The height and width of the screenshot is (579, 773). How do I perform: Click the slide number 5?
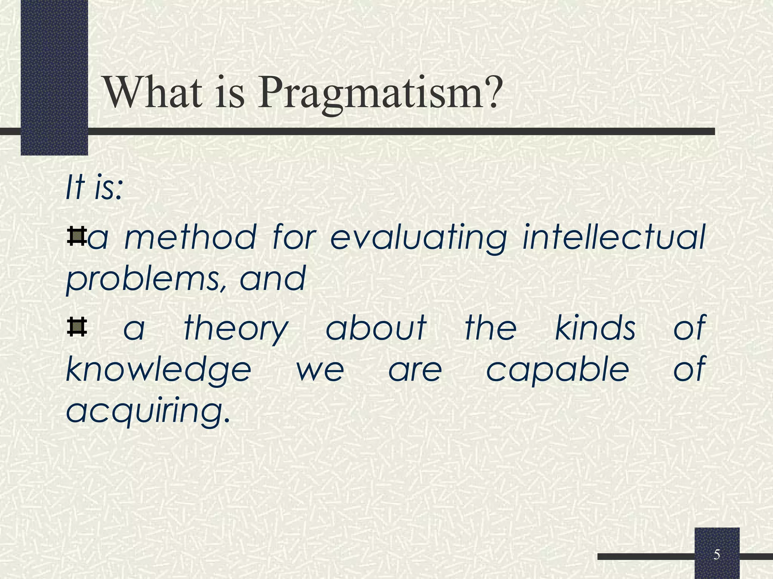tap(716, 555)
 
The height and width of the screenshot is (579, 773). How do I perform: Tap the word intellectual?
tap(613, 237)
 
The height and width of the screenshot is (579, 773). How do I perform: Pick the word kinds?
tap(595, 327)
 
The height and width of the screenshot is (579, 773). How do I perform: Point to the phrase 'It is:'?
tap(94, 188)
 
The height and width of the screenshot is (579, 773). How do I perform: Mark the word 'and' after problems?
tap(273, 279)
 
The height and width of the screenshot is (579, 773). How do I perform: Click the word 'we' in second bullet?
tap(320, 370)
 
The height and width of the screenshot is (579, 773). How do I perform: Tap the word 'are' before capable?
tap(415, 370)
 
